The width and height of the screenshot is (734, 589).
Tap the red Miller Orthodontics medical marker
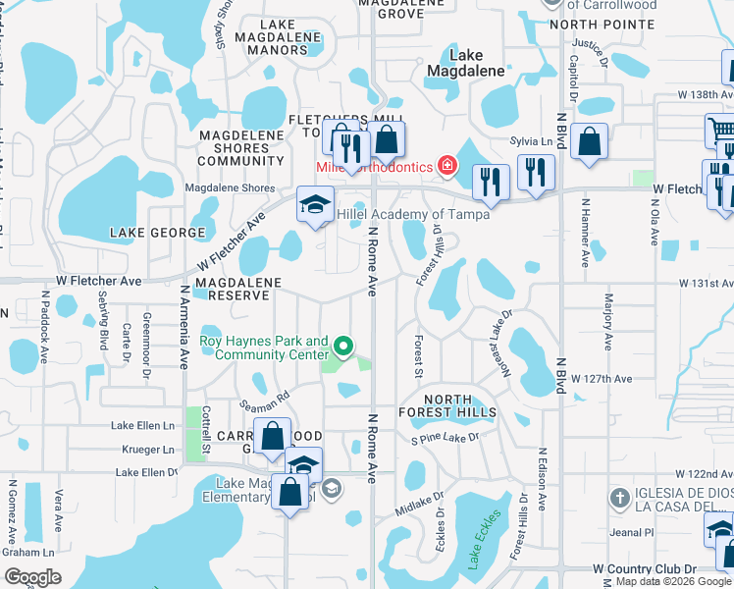(x=447, y=166)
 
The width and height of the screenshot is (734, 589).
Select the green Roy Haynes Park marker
(x=342, y=347)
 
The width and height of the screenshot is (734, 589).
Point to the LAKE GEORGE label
(x=158, y=233)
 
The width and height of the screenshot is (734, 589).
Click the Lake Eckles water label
(x=485, y=540)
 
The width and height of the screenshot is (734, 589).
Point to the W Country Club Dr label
(x=644, y=568)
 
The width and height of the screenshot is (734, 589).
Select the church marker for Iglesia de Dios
(x=618, y=498)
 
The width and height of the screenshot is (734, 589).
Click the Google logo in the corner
(x=33, y=576)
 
